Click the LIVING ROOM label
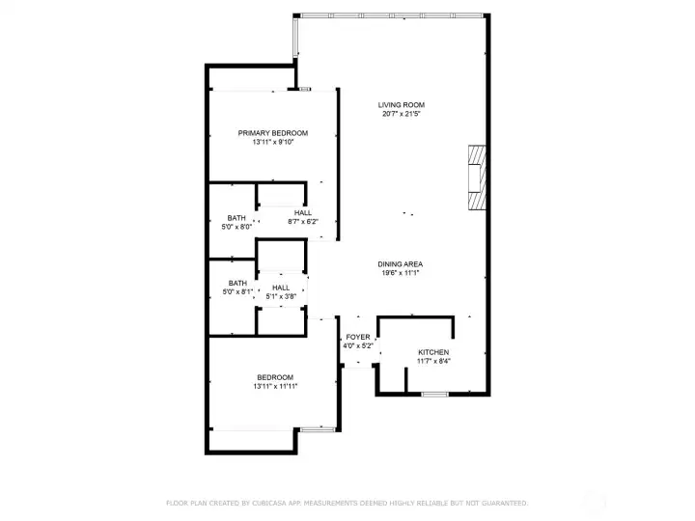(x=402, y=105)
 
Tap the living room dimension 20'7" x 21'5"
(x=402, y=115)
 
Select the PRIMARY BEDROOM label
(x=273, y=133)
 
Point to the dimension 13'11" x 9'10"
(x=273, y=143)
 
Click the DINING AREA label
(x=401, y=264)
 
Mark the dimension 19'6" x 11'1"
(x=401, y=274)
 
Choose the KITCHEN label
(x=434, y=352)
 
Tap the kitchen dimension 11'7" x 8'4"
(x=434, y=362)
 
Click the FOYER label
(x=357, y=337)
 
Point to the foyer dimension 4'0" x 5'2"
(x=357, y=345)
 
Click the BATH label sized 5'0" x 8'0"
(x=236, y=218)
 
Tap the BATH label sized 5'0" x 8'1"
(x=237, y=284)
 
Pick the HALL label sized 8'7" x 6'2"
(x=303, y=212)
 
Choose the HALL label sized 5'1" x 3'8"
(x=281, y=288)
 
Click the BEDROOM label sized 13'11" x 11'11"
(x=275, y=377)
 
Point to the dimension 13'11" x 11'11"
(x=275, y=387)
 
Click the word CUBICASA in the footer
(x=270, y=503)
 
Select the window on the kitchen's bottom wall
(x=435, y=394)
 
